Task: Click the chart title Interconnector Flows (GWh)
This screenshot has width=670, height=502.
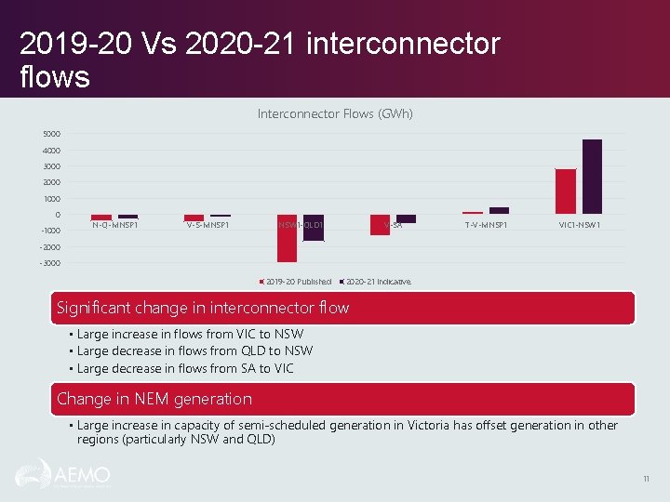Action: tap(335, 113)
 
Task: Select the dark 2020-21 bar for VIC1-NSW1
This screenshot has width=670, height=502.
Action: tap(592, 177)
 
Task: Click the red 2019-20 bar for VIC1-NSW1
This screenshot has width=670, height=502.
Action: tap(566, 192)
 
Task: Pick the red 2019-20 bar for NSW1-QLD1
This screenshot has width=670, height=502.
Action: tap(287, 239)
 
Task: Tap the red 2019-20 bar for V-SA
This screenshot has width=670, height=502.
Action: tap(380, 225)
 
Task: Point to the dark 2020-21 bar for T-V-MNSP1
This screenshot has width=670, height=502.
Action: tap(499, 211)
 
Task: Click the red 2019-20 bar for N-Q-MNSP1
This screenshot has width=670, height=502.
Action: tap(101, 218)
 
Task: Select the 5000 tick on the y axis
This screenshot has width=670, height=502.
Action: tap(51, 134)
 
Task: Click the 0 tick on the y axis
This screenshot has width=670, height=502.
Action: tap(58, 215)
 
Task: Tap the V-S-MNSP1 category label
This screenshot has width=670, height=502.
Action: tap(208, 225)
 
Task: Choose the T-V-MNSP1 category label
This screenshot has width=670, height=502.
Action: tap(487, 225)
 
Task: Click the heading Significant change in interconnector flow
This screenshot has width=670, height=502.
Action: tap(203, 308)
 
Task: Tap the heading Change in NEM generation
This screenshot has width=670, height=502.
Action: tap(154, 399)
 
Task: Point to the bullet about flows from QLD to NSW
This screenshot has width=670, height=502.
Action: tap(194, 350)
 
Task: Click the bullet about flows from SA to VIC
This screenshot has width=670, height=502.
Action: tap(185, 368)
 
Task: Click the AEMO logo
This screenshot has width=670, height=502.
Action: tap(62, 475)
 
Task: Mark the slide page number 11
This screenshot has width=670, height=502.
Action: tap(646, 479)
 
